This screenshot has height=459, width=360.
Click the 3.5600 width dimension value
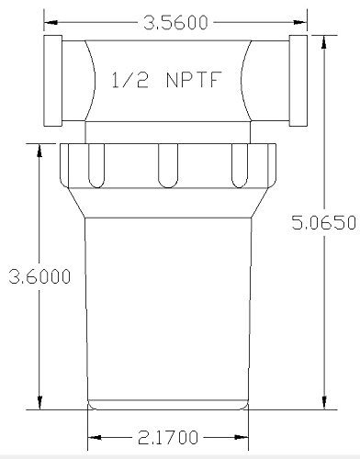point(175,23)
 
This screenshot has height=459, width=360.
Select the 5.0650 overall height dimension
point(324,222)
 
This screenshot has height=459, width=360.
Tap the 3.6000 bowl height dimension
point(39,276)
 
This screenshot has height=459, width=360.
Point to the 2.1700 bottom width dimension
point(168,438)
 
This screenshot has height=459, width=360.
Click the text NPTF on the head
point(194,80)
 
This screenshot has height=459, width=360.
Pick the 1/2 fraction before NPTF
point(130,80)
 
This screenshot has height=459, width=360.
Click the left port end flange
point(53,81)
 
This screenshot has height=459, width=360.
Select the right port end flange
point(298,81)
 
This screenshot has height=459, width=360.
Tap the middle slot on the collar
point(168,165)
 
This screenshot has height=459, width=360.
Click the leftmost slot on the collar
point(96,165)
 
